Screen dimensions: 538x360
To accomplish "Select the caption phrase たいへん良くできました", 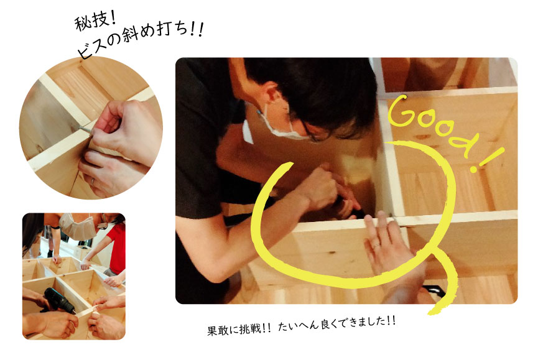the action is tap(332, 324).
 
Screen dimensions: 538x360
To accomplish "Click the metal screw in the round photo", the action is tap(85, 129).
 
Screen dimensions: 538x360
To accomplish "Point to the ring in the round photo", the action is tap(93, 181).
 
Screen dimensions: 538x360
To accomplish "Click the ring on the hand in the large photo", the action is tap(376, 246).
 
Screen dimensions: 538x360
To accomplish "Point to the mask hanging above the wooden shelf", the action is tap(78, 226).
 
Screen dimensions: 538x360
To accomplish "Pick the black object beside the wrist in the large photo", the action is tap(434, 292).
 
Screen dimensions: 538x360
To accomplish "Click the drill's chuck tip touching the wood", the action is tap(74, 312).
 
